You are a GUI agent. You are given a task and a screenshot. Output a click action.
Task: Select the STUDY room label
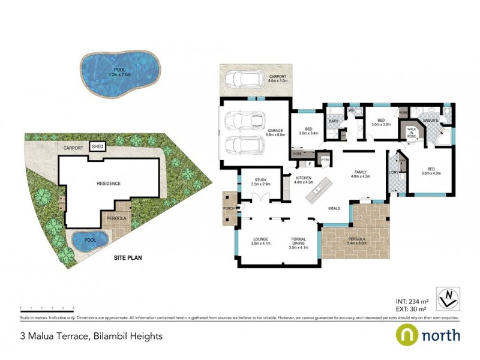pos(260,181)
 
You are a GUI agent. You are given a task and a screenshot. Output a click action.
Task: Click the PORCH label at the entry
pos(229,208)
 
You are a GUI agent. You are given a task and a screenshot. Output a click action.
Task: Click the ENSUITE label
pos(430,121)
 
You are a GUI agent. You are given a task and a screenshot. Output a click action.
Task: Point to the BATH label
pos(332,122)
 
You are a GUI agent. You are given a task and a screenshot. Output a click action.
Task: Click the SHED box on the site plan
pos(96,146)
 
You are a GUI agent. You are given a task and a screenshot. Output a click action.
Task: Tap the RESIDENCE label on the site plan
pos(109,184)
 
